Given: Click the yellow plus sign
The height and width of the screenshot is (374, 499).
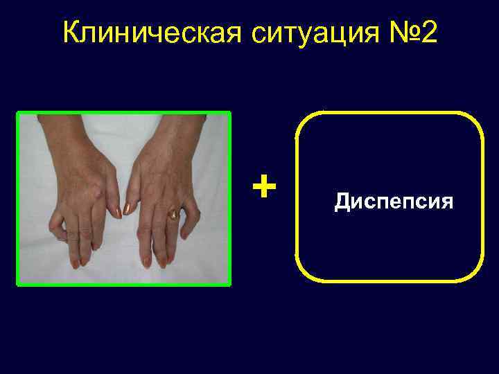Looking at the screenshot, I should pyautogui.click(x=263, y=185).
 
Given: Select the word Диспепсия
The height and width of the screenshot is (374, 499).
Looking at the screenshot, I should pyautogui.click(x=394, y=202).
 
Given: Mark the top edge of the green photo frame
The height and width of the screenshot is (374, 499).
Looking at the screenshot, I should pyautogui.click(x=123, y=112).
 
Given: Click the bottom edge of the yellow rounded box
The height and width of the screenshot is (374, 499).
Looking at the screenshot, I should pyautogui.click(x=388, y=280).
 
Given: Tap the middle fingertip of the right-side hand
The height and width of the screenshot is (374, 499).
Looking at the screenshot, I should pyautogui.click(x=164, y=262).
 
